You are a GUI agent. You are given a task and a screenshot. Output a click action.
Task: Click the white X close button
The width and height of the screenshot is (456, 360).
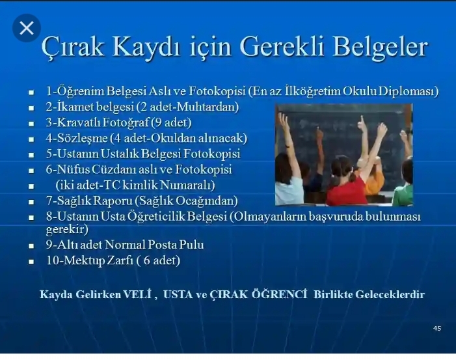(27, 28)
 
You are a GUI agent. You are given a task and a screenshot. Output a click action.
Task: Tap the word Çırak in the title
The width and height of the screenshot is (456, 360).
(72, 48)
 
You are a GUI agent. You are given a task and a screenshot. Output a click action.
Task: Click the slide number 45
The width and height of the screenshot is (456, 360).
(437, 328)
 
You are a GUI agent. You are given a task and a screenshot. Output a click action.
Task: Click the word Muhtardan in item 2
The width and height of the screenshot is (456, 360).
(208, 107)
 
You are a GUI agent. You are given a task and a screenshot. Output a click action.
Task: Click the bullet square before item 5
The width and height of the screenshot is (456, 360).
(31, 155)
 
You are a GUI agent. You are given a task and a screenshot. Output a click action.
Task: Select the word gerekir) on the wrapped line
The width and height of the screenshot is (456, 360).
(67, 229)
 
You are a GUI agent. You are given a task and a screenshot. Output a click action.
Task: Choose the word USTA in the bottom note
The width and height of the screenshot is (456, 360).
(178, 294)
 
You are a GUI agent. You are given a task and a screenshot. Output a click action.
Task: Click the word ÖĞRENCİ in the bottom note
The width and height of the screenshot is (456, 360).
(279, 294)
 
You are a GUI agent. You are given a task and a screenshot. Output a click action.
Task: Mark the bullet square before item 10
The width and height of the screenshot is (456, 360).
(31, 262)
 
